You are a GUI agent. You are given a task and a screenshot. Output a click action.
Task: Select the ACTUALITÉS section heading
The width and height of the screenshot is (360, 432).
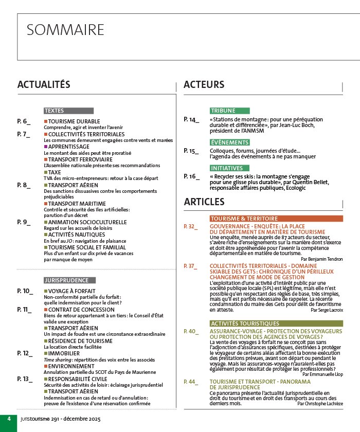tap(44, 84)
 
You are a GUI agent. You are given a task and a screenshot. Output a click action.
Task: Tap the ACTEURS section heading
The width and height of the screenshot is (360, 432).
tap(204, 84)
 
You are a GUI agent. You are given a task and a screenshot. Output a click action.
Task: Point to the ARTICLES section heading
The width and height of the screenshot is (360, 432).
tap(204, 202)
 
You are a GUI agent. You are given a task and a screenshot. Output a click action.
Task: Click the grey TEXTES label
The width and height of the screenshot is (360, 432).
tap(54, 111)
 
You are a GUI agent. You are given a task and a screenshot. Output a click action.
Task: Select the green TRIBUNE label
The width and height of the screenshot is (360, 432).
tap(223, 111)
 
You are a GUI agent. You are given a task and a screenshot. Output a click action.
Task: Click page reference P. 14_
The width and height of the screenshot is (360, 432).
tap(191, 120)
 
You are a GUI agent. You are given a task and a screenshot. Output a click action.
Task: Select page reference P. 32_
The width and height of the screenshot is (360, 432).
tap(191, 226)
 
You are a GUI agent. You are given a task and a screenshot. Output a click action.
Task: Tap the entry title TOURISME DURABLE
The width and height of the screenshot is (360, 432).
tap(70, 121)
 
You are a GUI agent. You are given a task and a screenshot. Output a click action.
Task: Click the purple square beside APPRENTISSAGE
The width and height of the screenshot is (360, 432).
tap(45, 147)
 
